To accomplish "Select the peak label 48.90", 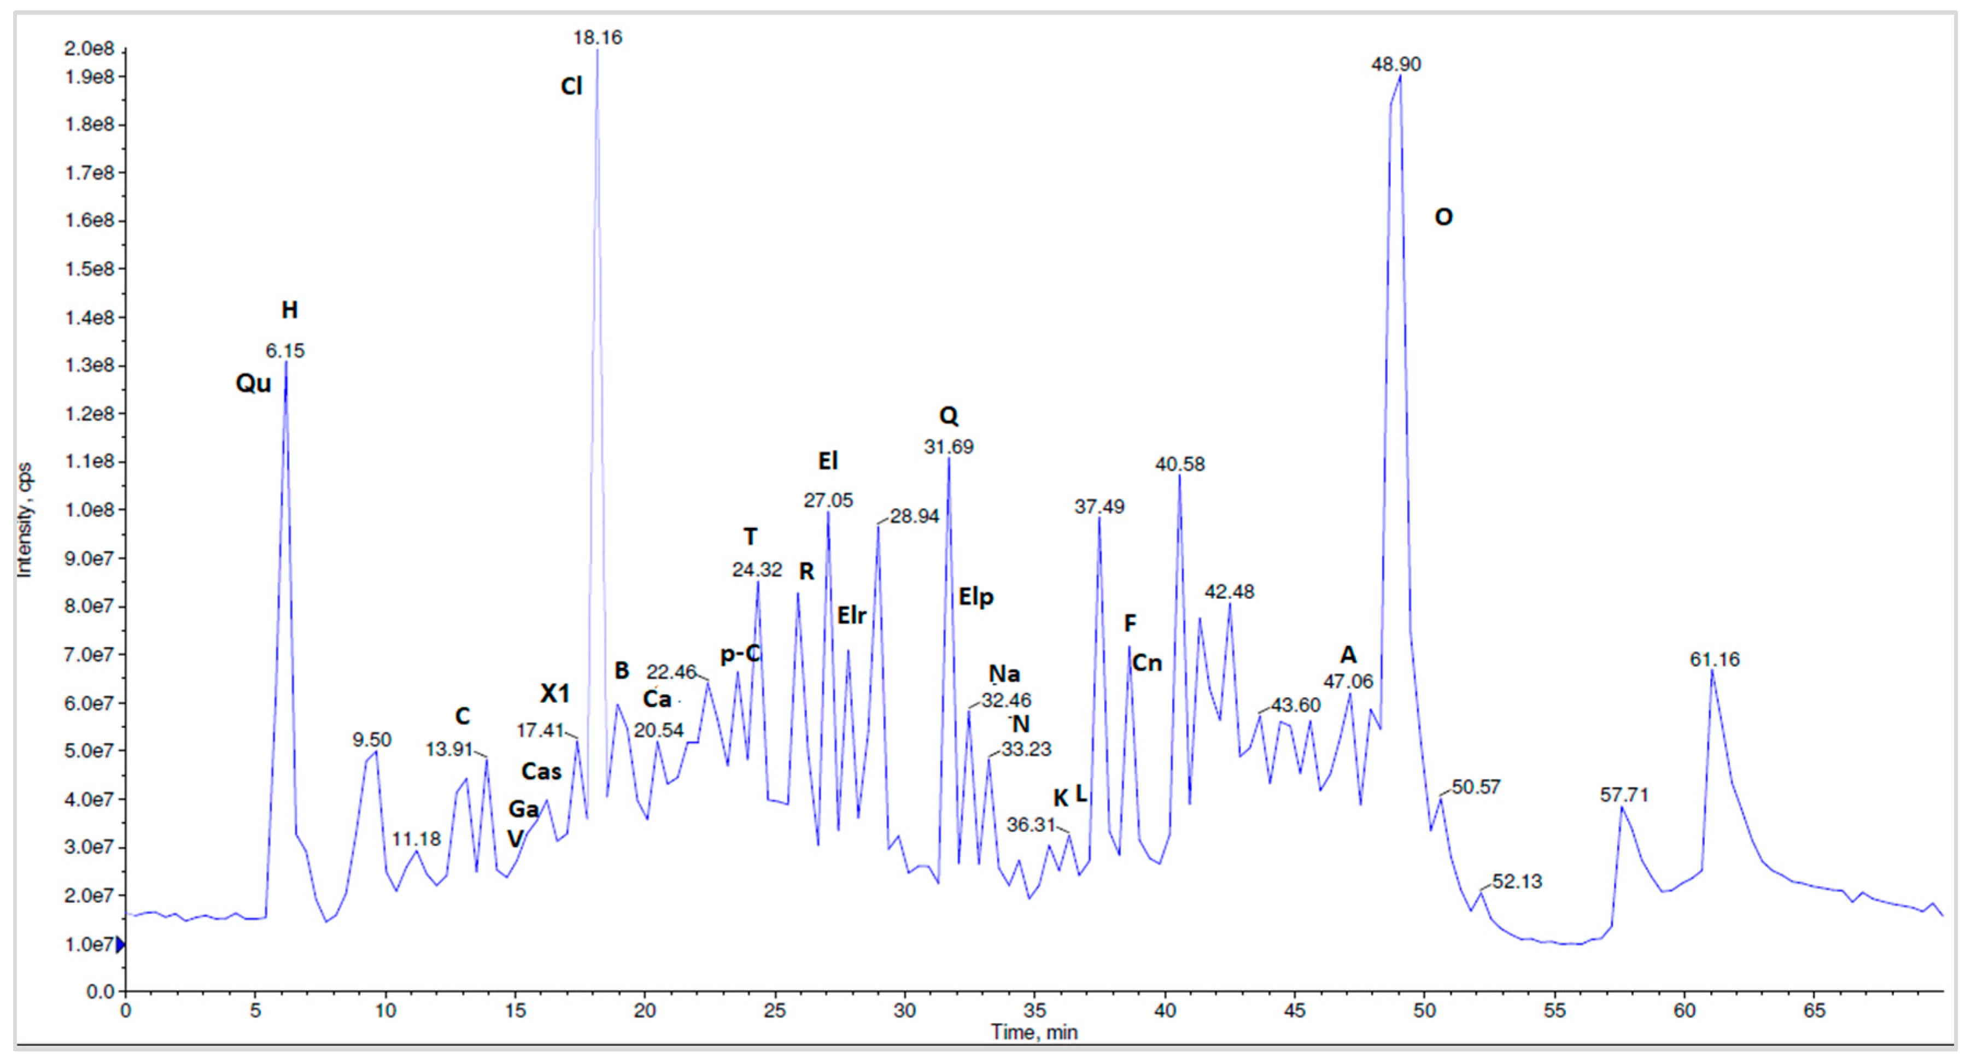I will (1396, 64).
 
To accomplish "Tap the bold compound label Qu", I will (253, 383).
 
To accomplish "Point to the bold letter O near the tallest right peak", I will (1443, 217).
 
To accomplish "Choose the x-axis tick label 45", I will (1295, 1010).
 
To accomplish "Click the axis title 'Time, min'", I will (1034, 1033).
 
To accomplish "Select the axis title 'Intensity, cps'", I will (25, 520).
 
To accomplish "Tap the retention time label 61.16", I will (1714, 660).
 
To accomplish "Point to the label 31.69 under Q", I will (948, 446).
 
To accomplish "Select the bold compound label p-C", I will (740, 654).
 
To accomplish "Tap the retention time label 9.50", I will (372, 740).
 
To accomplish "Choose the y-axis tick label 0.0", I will (100, 992).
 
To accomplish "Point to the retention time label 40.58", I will (1179, 465).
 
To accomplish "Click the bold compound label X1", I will (555, 694).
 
